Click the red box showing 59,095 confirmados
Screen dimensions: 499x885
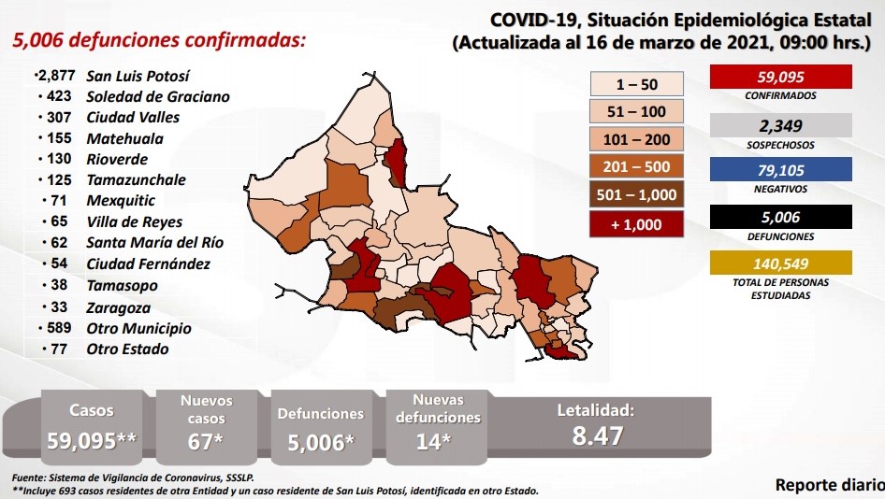click(x=779, y=78)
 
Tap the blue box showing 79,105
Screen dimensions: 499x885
click(x=779, y=170)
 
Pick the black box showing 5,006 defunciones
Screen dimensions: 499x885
click(x=779, y=217)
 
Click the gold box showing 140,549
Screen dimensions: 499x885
click(x=779, y=264)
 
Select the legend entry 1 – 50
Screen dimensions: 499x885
click(x=637, y=84)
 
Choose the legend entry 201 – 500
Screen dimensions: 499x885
click(x=637, y=167)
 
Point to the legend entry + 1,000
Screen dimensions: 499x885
click(x=637, y=225)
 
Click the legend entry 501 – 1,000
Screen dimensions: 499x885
click(x=637, y=196)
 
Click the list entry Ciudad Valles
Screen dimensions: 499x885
click(x=133, y=118)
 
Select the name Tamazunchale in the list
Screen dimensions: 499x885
click(x=136, y=180)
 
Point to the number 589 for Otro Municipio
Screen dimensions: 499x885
click(x=58, y=328)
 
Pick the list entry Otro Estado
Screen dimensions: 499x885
click(x=127, y=349)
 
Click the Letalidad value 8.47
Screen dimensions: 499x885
click(x=596, y=435)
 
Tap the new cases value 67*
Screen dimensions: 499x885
click(x=207, y=441)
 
